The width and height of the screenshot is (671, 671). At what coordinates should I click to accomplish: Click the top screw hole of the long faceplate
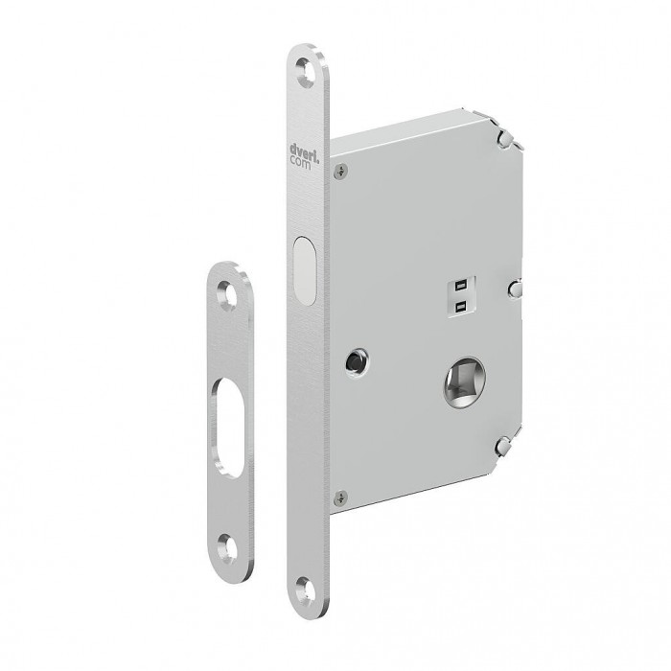coord(307,72)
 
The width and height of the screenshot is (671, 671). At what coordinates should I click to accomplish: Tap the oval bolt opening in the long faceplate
coord(305,270)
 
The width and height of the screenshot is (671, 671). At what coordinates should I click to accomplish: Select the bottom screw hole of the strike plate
coord(227,547)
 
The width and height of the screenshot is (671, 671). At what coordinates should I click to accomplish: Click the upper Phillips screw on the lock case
coord(340,172)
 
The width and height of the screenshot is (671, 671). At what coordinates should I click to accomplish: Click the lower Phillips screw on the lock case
coord(340,497)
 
